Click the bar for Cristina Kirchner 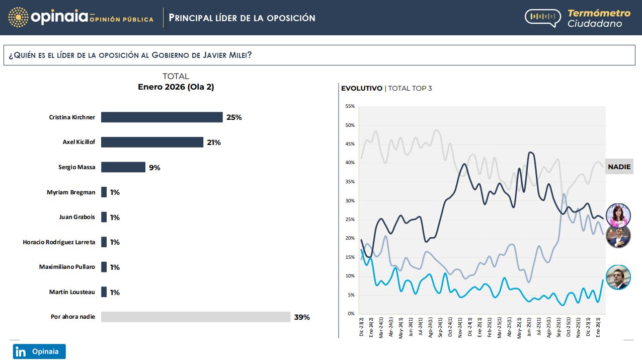(x=162, y=117)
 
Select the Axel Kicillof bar (x=152, y=142)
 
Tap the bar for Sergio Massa (x=123, y=167)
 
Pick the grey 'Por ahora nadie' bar (x=196, y=317)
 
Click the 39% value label (x=302, y=317)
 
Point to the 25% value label (x=234, y=117)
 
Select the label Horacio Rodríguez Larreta (x=59, y=242)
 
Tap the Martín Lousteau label (x=72, y=292)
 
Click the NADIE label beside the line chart (x=619, y=167)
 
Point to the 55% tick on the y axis (x=350, y=106)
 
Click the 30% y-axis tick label (x=350, y=201)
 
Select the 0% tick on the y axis (x=351, y=314)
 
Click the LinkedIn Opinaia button (x=39, y=351)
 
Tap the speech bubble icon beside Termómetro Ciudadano (x=542, y=18)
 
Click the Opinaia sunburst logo (x=18, y=18)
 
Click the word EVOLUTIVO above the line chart (x=361, y=89)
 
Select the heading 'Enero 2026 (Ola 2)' (x=176, y=87)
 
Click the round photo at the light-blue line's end (x=618, y=277)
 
